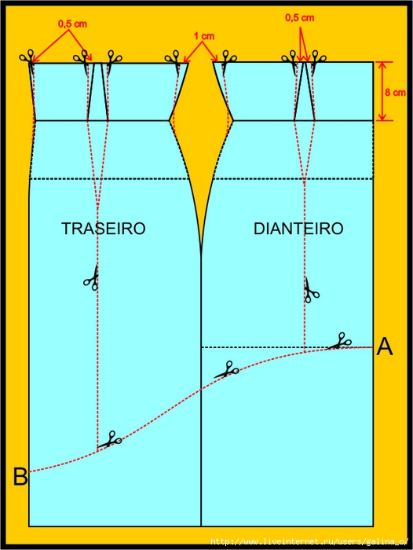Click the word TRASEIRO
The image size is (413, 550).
(104, 229)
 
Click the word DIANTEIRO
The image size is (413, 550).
(298, 229)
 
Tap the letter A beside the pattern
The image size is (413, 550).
(385, 346)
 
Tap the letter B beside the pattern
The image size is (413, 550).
(20, 476)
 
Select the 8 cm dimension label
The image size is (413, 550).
(395, 92)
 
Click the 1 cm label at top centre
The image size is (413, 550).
(203, 36)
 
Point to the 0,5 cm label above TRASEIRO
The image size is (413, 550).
(72, 24)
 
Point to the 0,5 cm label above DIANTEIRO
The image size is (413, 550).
(299, 17)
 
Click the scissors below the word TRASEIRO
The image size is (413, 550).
(92, 278)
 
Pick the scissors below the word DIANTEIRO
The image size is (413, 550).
(311, 290)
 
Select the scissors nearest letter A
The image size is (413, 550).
(339, 341)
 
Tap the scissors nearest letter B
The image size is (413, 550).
(110, 440)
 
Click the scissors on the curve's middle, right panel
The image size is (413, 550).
(226, 370)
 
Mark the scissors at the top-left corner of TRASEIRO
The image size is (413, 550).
(27, 60)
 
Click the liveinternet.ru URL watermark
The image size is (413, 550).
(309, 541)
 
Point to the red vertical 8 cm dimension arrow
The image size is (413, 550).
(382, 92)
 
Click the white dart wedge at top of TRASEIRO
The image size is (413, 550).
(98, 92)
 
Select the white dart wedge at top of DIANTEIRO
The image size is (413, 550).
(305, 92)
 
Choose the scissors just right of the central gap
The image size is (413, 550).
(227, 61)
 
